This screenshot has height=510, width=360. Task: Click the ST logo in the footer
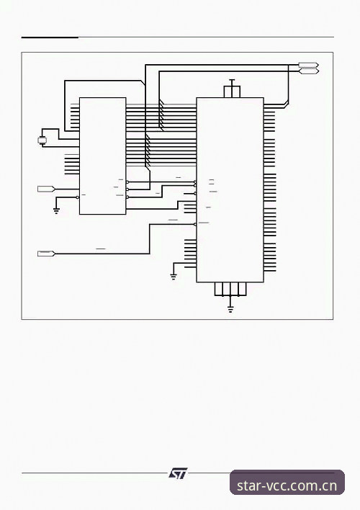pyautogui.click(x=178, y=473)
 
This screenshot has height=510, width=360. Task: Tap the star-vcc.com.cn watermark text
pyautogui.click(x=287, y=486)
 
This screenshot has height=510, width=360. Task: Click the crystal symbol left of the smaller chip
pyautogui.click(x=42, y=140)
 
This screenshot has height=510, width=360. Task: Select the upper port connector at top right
pyautogui.click(x=308, y=65)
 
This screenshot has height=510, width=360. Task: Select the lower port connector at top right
pyautogui.click(x=308, y=71)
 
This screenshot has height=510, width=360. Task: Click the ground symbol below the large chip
pyautogui.click(x=230, y=309)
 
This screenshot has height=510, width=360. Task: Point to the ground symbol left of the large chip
pyautogui.click(x=174, y=277)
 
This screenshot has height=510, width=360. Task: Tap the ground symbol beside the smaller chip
pyautogui.click(x=56, y=211)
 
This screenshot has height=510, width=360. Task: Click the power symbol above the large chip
pyautogui.click(x=232, y=80)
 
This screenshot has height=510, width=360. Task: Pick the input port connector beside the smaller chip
pyautogui.click(x=46, y=189)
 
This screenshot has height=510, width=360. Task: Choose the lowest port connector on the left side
pyautogui.click(x=46, y=254)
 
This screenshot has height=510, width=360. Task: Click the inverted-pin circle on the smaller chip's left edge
pyautogui.click(x=77, y=197)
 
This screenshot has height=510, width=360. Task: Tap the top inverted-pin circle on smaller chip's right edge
pyautogui.click(x=127, y=182)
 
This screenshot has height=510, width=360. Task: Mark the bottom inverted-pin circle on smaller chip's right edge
pyautogui.click(x=127, y=197)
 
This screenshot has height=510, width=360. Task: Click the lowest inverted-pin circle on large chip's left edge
pyautogui.click(x=195, y=224)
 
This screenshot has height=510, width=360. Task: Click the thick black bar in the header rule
pyautogui.click(x=50, y=37)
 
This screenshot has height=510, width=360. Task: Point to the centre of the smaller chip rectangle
pyautogui.click(x=103, y=156)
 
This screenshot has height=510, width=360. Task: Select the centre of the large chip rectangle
pyautogui.click(x=230, y=190)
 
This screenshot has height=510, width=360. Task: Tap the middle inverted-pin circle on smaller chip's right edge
pyautogui.click(x=127, y=189)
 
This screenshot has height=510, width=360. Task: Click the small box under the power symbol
pyautogui.click(x=232, y=91)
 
